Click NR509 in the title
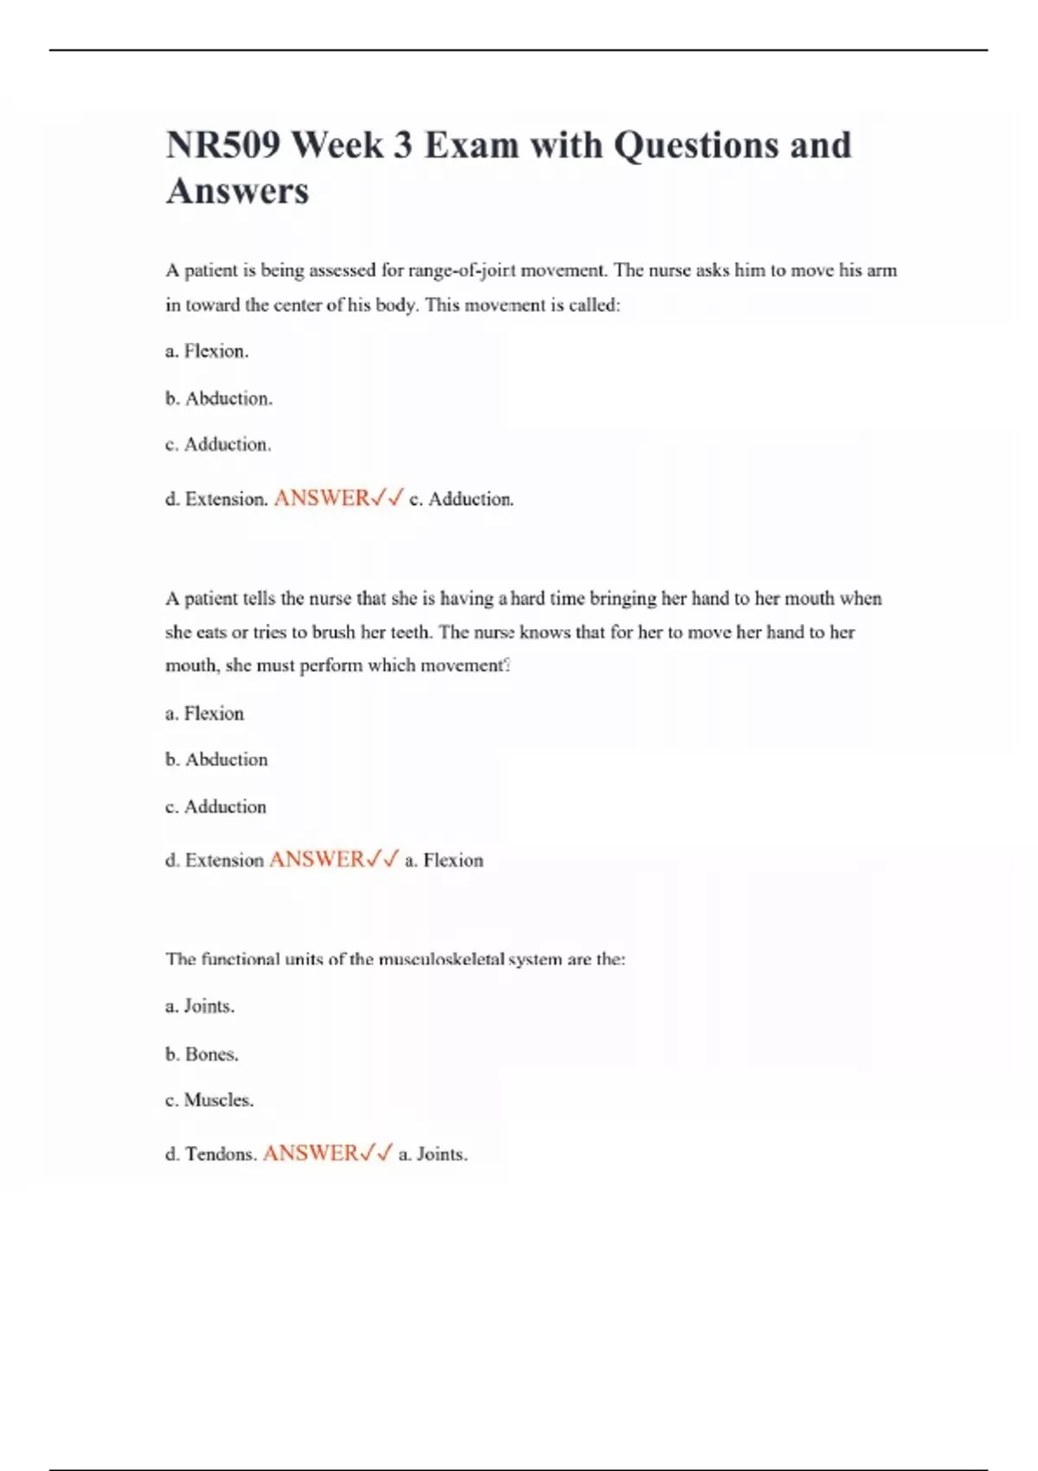click(222, 145)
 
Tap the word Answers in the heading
click(237, 191)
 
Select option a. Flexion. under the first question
click(207, 351)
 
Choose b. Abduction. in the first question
click(219, 399)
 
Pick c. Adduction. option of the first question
click(218, 445)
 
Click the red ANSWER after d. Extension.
click(322, 498)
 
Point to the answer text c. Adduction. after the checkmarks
click(461, 499)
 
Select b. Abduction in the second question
click(216, 760)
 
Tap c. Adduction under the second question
click(215, 806)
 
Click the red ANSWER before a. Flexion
click(317, 860)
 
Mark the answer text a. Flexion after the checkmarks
click(444, 861)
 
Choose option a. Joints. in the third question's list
click(200, 1006)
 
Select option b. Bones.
click(202, 1055)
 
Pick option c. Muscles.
click(209, 1101)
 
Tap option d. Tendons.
click(211, 1154)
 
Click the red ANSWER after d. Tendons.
click(310, 1153)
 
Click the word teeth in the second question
click(410, 633)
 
